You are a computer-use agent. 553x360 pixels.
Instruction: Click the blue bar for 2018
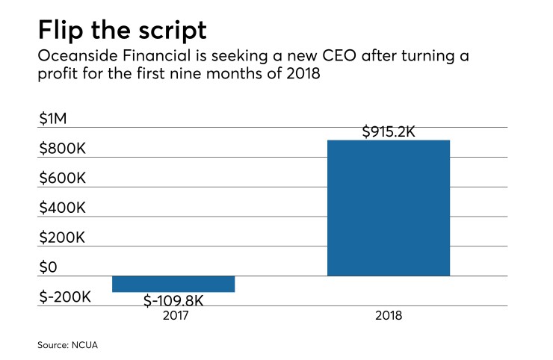(x=389, y=208)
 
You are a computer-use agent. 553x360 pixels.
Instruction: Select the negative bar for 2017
(x=173, y=284)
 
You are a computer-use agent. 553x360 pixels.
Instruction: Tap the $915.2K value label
(x=389, y=132)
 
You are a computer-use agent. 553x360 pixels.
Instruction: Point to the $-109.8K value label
(x=173, y=300)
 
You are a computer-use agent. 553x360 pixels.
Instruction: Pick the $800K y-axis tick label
(x=63, y=149)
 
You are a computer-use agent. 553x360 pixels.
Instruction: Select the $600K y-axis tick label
(x=63, y=179)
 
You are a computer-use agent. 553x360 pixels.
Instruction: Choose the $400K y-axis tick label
(x=63, y=208)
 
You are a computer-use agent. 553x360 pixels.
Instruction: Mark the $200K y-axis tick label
(x=63, y=238)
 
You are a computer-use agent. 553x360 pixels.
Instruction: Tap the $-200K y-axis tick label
(x=65, y=297)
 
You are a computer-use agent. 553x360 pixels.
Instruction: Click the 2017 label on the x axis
(x=173, y=316)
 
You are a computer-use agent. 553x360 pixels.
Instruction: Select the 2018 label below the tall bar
(x=389, y=316)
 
